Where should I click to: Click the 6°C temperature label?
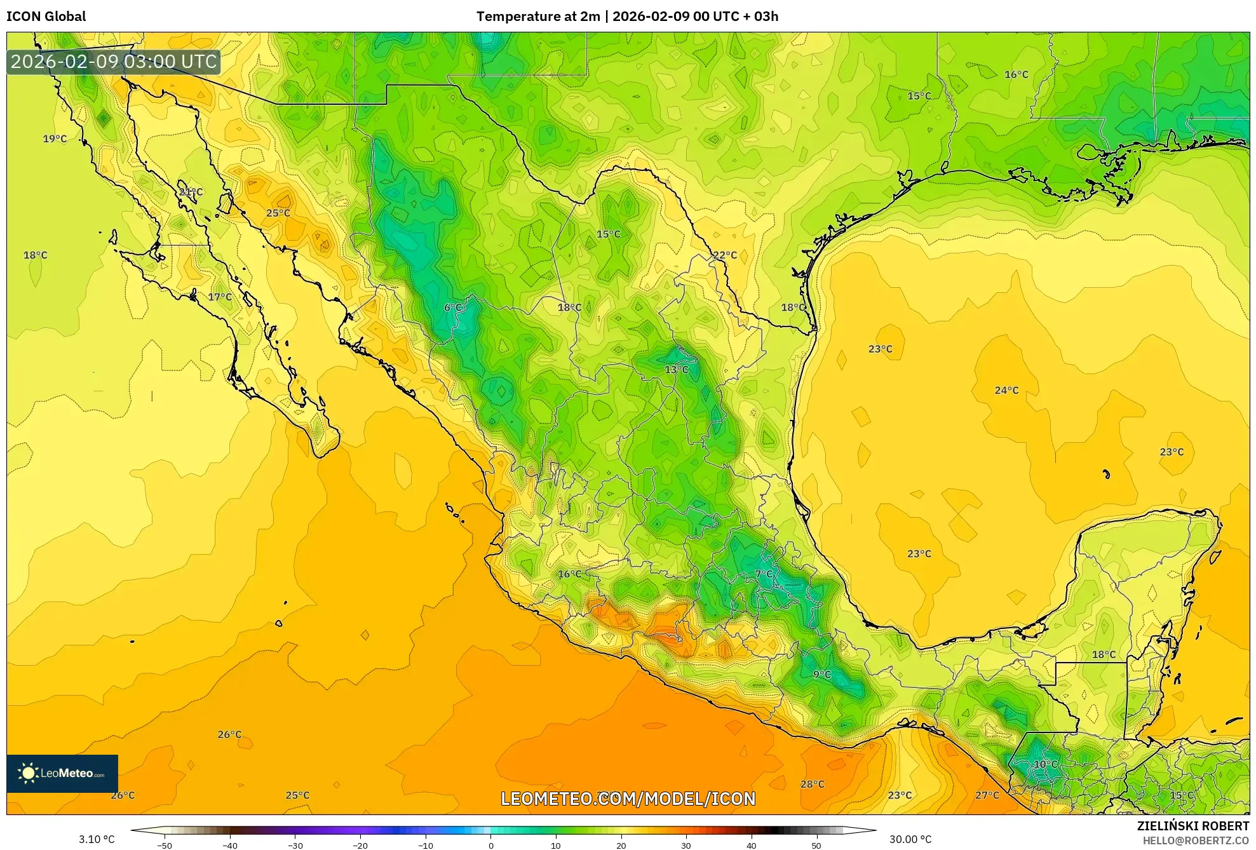click(453, 307)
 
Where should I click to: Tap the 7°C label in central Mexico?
click(764, 574)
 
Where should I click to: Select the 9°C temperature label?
click(821, 674)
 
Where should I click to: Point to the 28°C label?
click(812, 784)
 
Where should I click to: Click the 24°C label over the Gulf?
click(1006, 390)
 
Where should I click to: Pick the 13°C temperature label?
click(676, 369)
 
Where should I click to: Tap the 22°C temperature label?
click(724, 255)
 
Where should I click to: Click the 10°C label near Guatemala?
click(1045, 764)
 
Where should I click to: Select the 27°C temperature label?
click(987, 795)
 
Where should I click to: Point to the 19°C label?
click(55, 138)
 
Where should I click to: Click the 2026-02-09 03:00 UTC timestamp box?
click(114, 62)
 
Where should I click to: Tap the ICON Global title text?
click(46, 17)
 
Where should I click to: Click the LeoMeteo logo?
click(62, 773)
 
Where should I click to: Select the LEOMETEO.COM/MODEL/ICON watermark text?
click(628, 799)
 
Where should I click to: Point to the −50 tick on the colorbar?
click(165, 845)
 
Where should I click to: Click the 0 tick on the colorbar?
click(490, 845)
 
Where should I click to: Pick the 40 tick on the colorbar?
click(751, 845)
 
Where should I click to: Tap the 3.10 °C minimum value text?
click(97, 839)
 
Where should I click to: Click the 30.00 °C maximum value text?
click(910, 839)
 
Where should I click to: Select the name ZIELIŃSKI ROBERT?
click(1192, 826)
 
